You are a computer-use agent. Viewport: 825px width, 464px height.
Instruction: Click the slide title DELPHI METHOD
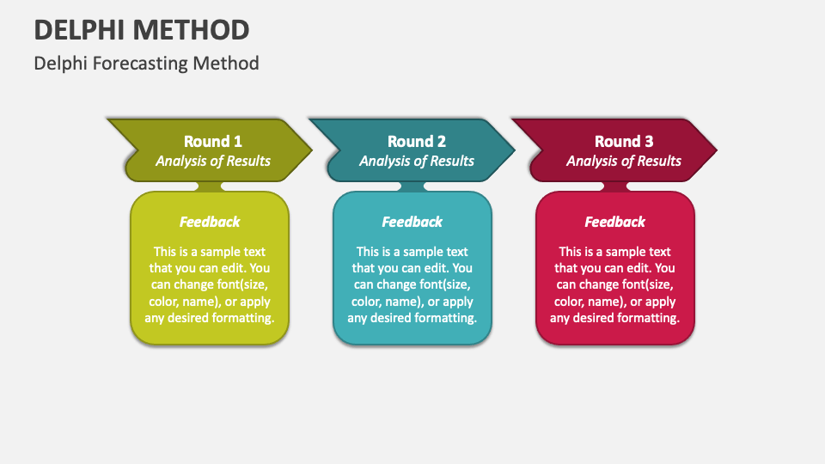[x=142, y=30]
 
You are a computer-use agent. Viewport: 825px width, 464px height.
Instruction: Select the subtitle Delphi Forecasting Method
[x=146, y=64]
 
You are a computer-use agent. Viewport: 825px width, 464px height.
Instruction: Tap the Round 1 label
[x=212, y=141]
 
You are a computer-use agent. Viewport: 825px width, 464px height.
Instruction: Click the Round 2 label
[x=416, y=141]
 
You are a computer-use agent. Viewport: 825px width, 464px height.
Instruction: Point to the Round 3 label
[x=624, y=141]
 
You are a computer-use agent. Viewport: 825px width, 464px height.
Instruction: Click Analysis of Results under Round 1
[x=212, y=161]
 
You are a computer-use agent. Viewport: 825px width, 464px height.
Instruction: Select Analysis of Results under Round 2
[x=416, y=161]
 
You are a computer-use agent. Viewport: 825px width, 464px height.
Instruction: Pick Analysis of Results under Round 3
[x=624, y=161]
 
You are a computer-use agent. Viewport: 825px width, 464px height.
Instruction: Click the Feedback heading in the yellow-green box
[x=210, y=222]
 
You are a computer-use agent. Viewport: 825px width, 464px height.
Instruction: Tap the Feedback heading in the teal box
[x=412, y=222]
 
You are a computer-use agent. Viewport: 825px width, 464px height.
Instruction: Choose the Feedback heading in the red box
[x=614, y=222]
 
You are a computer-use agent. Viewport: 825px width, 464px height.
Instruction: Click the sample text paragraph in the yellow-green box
[x=210, y=284]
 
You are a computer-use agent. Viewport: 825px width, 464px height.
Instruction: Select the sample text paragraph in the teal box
[x=412, y=284]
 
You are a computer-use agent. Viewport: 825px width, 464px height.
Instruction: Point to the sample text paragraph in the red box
[x=614, y=284]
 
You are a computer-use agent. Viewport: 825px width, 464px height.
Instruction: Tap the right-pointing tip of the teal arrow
[x=514, y=150]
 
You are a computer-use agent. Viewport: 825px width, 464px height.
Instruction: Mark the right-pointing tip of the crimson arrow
[x=716, y=150]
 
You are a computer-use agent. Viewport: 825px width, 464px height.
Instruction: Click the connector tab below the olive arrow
[x=210, y=186]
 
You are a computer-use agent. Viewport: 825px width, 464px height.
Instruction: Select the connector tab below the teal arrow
[x=412, y=186]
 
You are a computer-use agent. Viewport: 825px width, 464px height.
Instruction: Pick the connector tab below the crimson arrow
[x=614, y=186]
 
